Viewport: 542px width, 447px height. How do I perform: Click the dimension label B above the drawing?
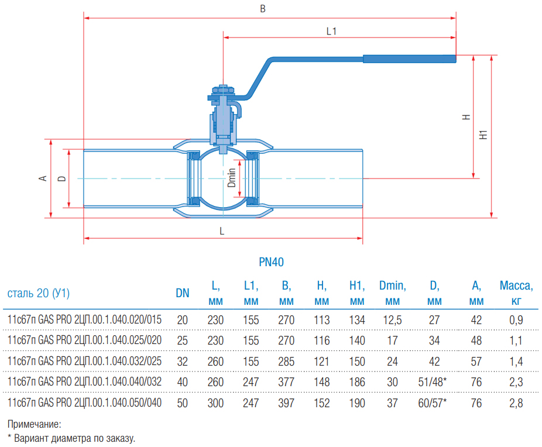[263, 9]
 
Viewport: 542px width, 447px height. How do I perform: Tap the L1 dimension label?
[331, 32]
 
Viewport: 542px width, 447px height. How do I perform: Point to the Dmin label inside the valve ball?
[232, 177]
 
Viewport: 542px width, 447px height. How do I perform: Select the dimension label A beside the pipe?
[43, 178]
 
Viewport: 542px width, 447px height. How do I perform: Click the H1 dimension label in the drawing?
[483, 135]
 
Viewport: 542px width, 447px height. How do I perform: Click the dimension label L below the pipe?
[222, 231]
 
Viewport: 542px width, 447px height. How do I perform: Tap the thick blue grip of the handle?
[409, 59]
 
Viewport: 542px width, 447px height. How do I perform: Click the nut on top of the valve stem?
[223, 91]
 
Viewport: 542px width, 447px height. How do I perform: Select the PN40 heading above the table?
[272, 262]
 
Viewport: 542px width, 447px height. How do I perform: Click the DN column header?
[183, 293]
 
